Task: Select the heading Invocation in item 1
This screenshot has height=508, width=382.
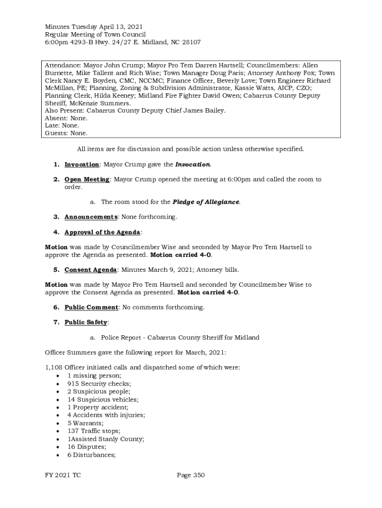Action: click(x=82, y=164)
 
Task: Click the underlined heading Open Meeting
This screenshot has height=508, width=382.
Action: click(x=87, y=180)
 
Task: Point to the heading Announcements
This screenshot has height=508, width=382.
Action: click(x=91, y=217)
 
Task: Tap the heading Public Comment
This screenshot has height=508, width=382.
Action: click(x=91, y=308)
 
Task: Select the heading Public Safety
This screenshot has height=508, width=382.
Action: click(x=86, y=322)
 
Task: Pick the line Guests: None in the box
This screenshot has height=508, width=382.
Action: click(x=66, y=133)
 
